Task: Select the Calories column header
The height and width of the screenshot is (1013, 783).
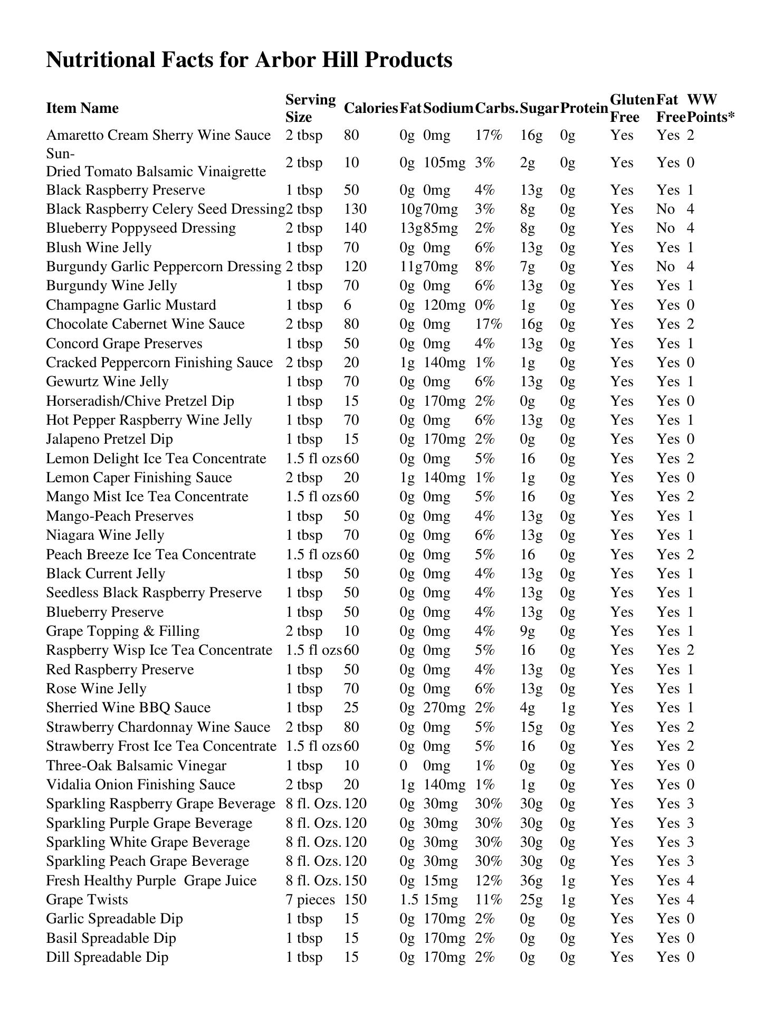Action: click(370, 108)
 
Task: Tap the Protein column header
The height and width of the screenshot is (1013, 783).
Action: click(584, 108)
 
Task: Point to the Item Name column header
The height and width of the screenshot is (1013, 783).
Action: click(82, 108)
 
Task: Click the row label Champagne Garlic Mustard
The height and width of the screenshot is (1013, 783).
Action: click(131, 305)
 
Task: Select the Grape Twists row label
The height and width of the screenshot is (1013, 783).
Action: click(87, 900)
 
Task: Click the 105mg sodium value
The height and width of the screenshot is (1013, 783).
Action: click(444, 163)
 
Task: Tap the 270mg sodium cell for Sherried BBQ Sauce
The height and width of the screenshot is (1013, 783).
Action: click(444, 708)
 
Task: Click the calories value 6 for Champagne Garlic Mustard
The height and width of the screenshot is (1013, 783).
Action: click(348, 305)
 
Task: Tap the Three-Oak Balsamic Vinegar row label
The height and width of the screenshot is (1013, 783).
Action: click(136, 766)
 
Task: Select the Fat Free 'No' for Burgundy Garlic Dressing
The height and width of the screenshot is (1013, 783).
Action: click(666, 266)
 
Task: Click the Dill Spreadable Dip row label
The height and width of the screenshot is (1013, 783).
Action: click(107, 957)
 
